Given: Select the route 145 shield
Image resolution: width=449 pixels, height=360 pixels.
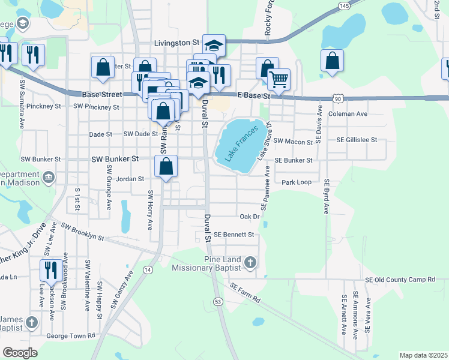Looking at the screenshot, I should [x=344, y=5].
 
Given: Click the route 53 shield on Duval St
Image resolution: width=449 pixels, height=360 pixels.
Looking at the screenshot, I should [x=217, y=301].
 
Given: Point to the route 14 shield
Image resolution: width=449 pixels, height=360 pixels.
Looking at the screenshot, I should [x=148, y=270].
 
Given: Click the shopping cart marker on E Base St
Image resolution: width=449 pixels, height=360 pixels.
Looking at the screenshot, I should [x=279, y=79].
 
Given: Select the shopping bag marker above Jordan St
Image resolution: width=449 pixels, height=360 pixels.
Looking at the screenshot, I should [x=166, y=166].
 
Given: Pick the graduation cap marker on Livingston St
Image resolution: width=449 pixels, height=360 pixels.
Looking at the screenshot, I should [x=214, y=44].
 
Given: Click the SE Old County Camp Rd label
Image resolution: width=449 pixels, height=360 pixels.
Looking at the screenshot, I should [x=400, y=280].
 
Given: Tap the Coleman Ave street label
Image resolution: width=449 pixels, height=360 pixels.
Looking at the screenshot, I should [x=348, y=113].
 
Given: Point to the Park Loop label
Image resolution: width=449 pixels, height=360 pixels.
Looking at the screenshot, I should [x=297, y=181].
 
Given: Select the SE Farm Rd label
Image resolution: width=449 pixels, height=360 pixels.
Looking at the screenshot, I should [x=245, y=293].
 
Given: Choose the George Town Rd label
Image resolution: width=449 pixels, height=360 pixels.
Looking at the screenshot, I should [x=74, y=335].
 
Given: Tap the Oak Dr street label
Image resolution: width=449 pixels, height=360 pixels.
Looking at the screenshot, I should [x=249, y=216].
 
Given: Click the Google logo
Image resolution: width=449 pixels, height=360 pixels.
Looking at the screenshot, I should [x=20, y=353].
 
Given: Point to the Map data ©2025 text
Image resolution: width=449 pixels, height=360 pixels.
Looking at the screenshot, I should [x=423, y=355].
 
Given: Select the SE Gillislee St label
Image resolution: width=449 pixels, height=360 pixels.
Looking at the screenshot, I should [x=357, y=139].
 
